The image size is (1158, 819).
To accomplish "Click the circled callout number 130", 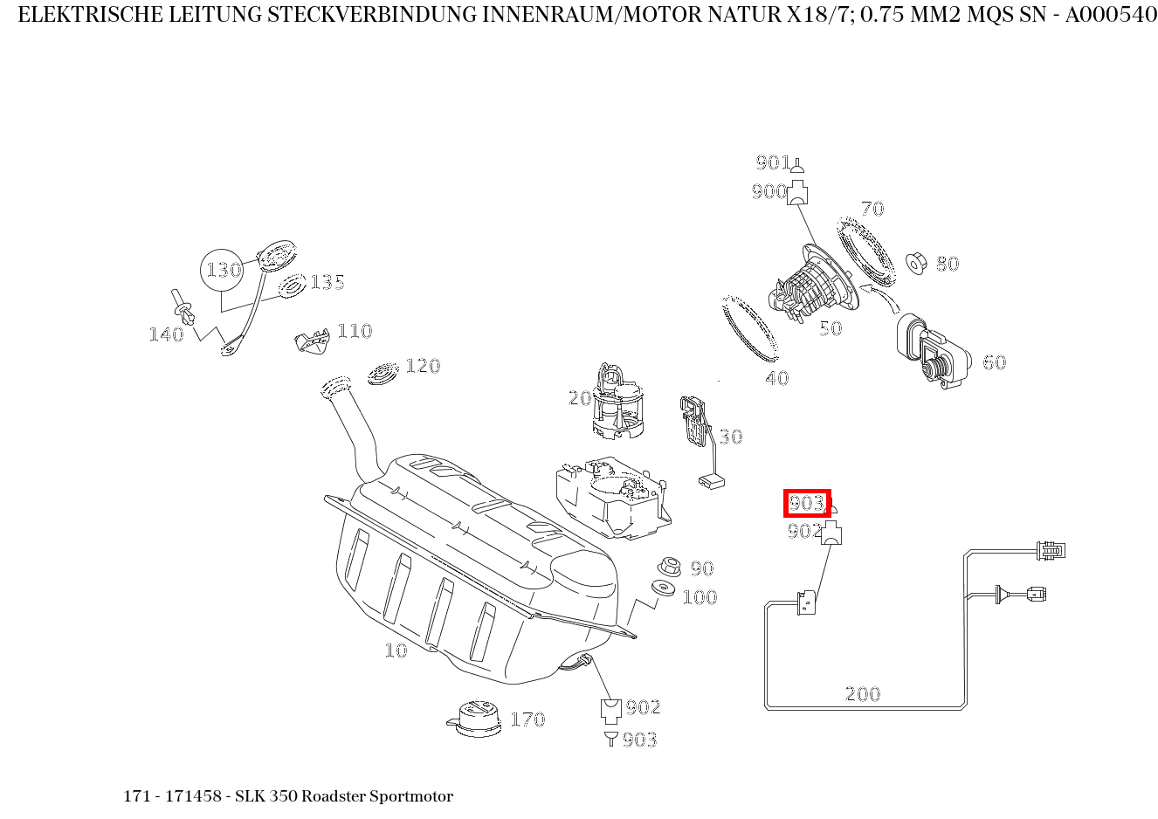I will click(224, 270).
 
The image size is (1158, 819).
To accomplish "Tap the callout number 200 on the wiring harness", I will click(863, 694).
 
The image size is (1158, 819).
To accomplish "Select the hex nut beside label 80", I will click(916, 262).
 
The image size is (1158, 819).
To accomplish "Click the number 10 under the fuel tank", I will click(396, 650).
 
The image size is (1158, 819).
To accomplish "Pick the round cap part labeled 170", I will click(474, 717).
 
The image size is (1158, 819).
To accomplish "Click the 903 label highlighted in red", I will click(806, 503).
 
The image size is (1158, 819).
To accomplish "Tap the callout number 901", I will click(773, 162).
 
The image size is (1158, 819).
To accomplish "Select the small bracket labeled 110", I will click(310, 341).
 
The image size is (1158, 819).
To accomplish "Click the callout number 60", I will click(994, 362).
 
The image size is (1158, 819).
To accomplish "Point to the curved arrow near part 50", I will click(881, 296).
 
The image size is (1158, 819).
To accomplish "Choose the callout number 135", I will click(327, 282).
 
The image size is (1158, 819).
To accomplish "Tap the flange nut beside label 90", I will click(669, 566).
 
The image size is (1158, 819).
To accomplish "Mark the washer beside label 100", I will click(665, 590).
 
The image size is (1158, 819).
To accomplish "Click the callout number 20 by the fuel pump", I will click(580, 398).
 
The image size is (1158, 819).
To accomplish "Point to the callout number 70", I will click(872, 209).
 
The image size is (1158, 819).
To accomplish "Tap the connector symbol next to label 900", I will click(796, 193).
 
